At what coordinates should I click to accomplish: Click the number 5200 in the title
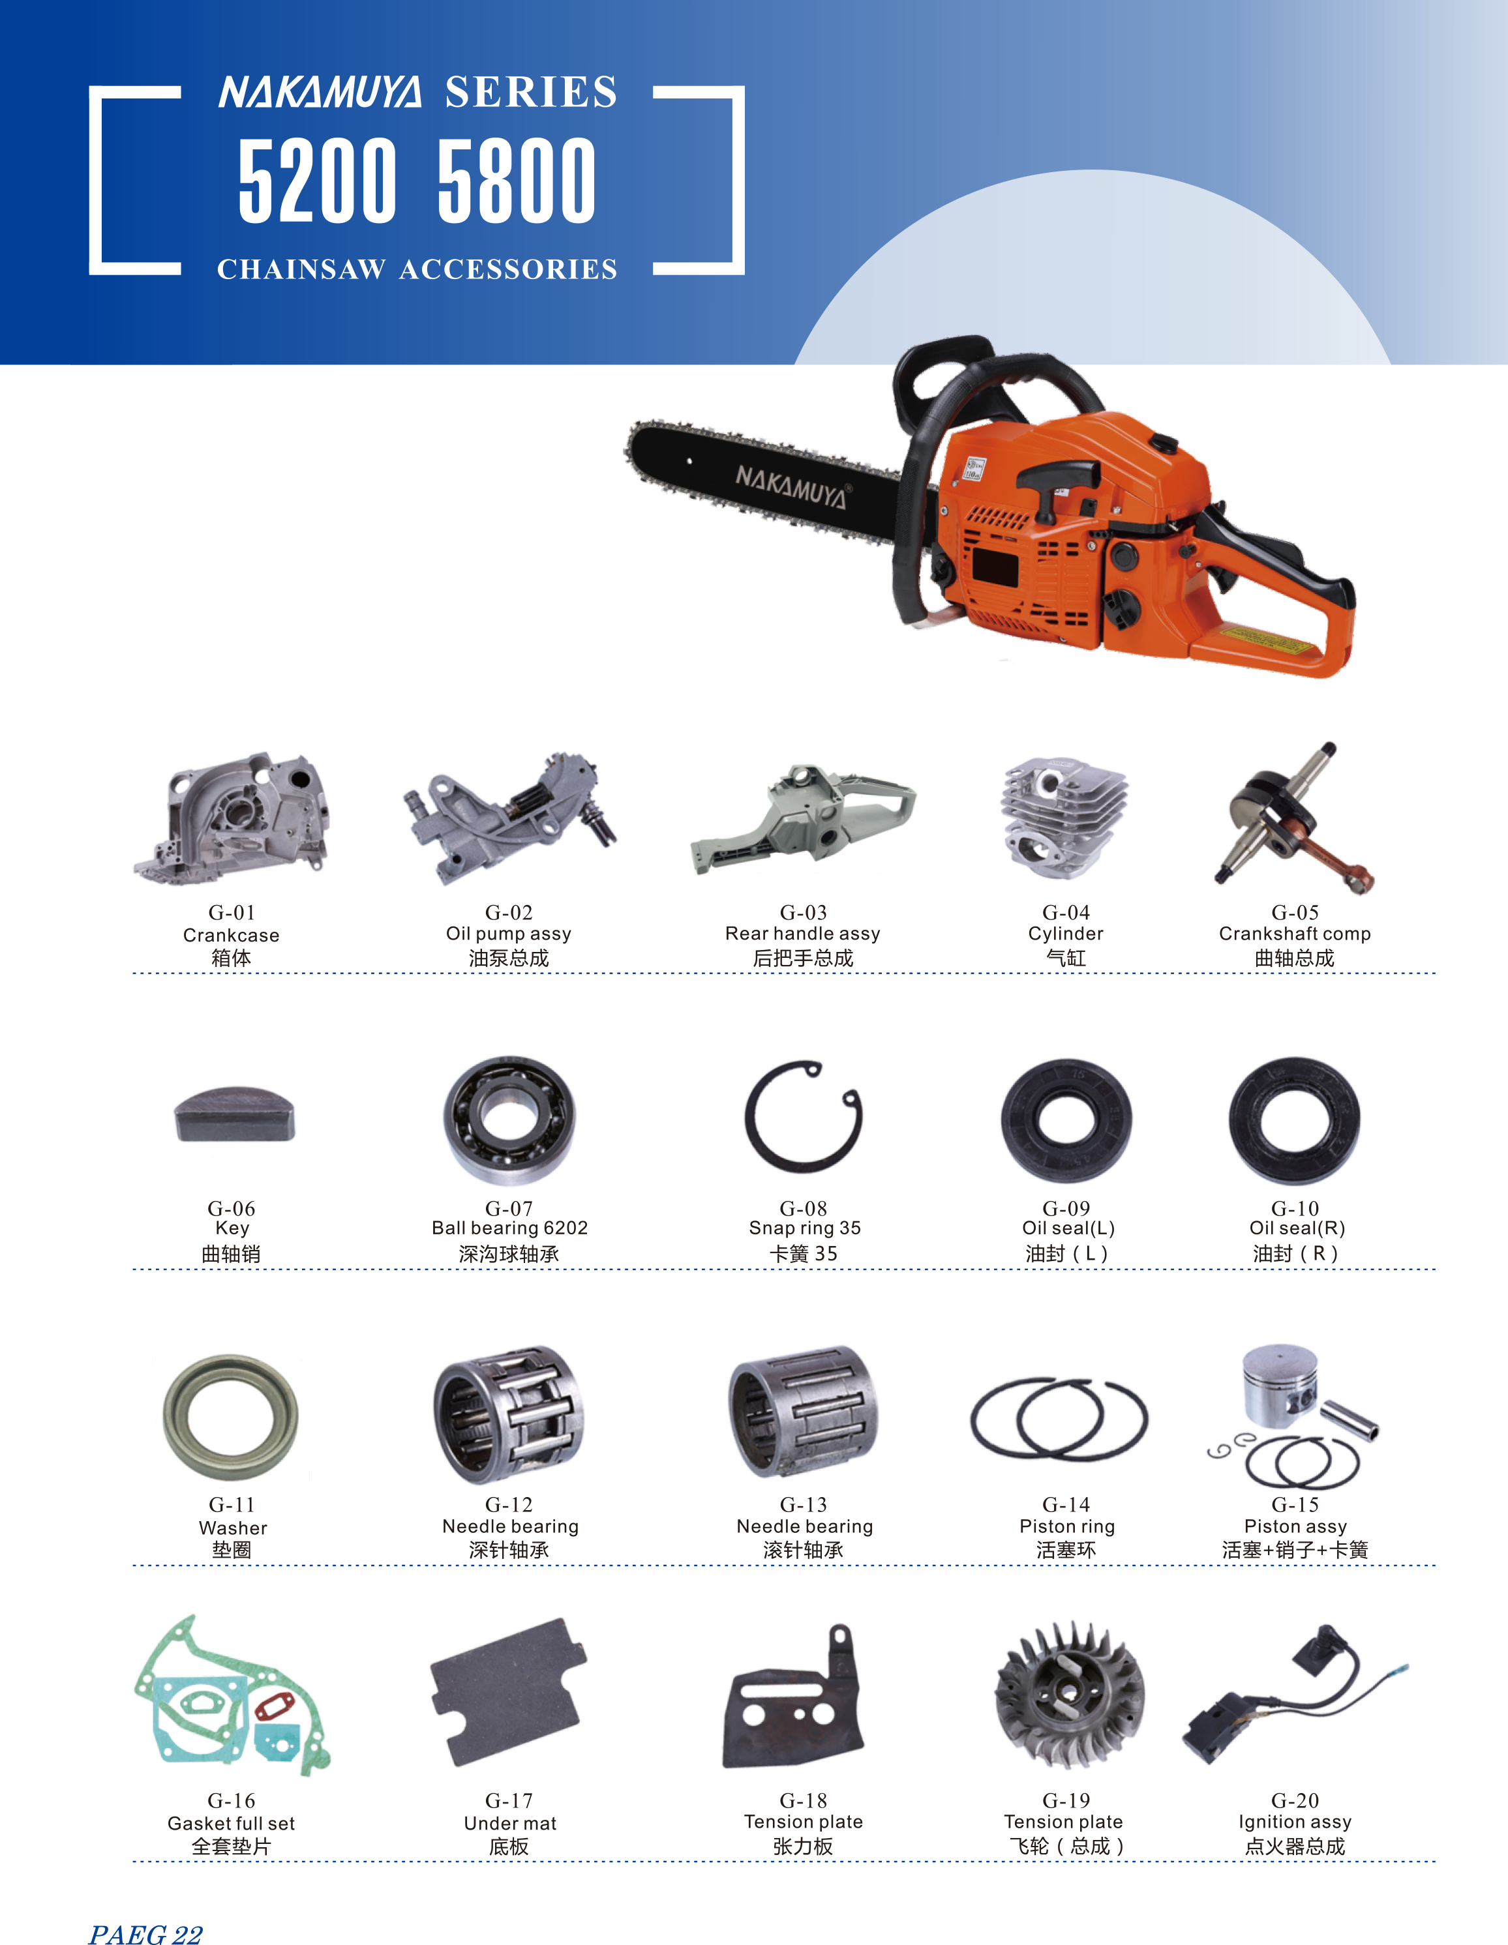317,180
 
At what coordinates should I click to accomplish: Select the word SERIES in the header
531,93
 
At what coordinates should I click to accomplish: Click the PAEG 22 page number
146,1933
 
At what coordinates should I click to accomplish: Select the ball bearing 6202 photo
509,1120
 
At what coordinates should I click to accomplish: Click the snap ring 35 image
804,1117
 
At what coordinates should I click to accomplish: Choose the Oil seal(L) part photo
1066,1120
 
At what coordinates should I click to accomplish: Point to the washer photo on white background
232,1416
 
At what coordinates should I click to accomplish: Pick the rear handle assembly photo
804,818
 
